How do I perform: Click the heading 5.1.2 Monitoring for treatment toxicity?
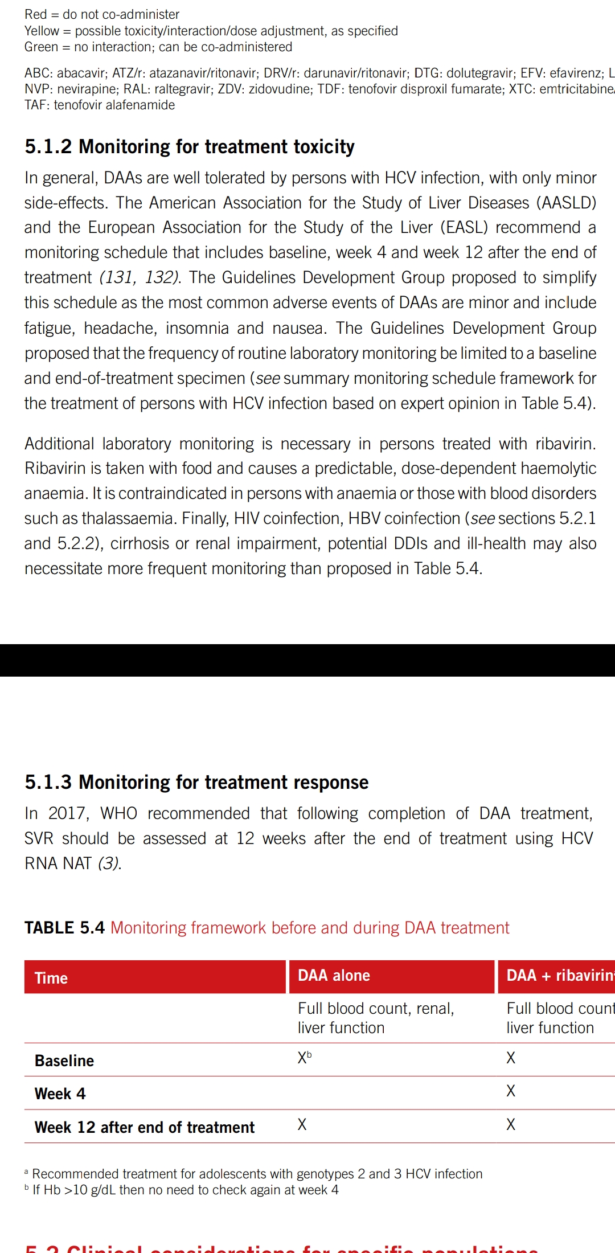click(x=189, y=147)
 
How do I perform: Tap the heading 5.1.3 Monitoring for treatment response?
click(x=196, y=783)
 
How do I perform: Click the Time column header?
click(x=51, y=978)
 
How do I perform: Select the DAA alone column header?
click(x=334, y=976)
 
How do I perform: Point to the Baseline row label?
click(x=64, y=1060)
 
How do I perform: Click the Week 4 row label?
click(x=60, y=1094)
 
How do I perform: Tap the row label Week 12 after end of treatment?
click(x=145, y=1127)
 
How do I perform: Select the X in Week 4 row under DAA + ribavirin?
click(x=511, y=1091)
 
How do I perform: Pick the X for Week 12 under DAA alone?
click(x=302, y=1124)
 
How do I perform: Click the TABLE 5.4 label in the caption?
click(x=64, y=928)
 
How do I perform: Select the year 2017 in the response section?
click(x=68, y=813)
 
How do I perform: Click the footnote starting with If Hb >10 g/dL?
click(x=185, y=1190)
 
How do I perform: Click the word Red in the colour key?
click(x=35, y=14)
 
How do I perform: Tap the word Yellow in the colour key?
click(x=42, y=31)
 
